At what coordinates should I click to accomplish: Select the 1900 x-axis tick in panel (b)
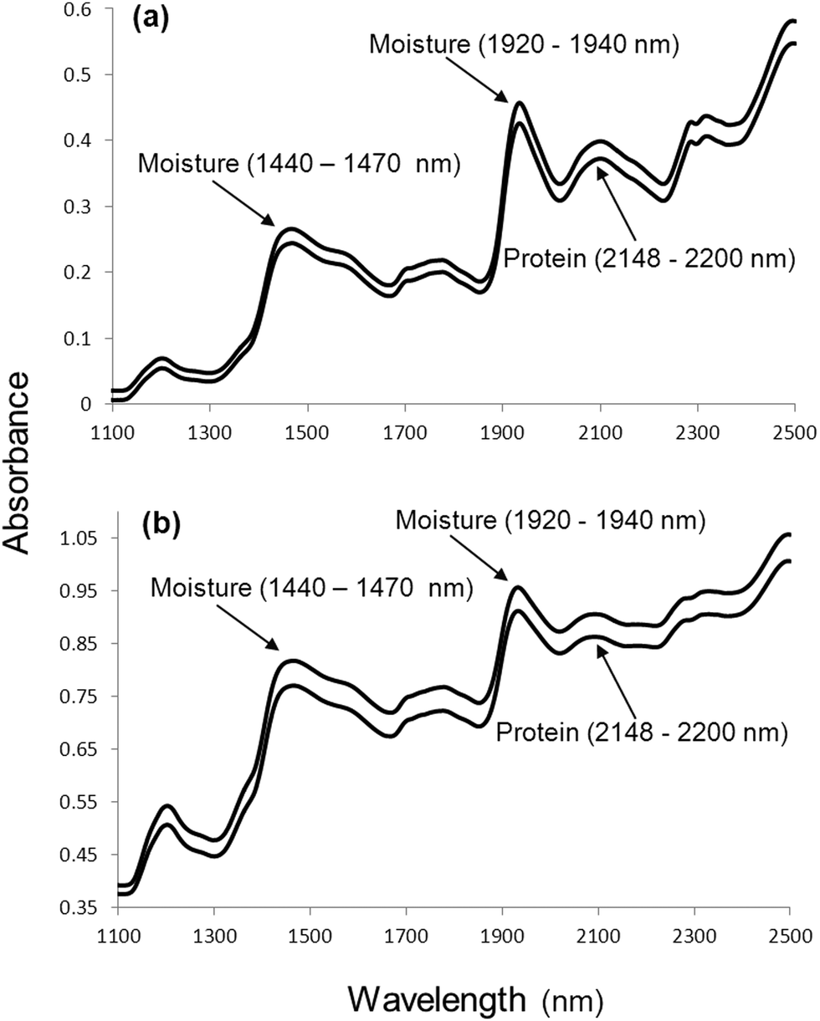502,936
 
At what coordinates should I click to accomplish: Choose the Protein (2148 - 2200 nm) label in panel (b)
642,734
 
